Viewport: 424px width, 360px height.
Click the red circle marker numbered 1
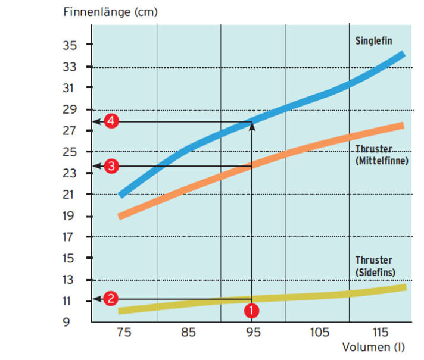(252, 310)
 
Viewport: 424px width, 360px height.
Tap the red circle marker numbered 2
(110, 299)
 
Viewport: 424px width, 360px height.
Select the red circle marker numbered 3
(110, 166)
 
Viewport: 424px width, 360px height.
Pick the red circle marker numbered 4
(111, 121)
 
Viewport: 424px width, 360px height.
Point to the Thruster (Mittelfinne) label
(381, 155)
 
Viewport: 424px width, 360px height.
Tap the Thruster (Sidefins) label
(375, 266)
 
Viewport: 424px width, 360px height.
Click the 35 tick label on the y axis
(70, 45)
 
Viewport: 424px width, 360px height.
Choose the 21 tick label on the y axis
(70, 195)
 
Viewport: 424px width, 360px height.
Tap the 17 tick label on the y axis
(70, 237)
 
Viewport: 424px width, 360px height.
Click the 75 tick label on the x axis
(123, 333)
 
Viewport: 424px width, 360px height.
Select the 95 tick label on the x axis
(253, 333)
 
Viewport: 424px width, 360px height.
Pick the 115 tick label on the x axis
(382, 333)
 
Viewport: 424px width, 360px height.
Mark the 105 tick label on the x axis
(317, 333)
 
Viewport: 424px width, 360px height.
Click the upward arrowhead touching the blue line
(252, 125)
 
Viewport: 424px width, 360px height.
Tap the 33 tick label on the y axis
(70, 67)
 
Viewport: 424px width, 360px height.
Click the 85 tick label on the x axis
(188, 333)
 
